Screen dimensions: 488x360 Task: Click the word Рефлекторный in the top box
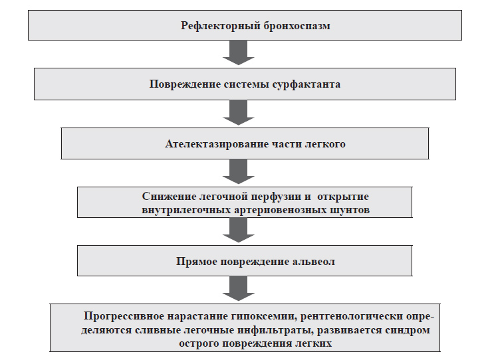(x=220, y=26)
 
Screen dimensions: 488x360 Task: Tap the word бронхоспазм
(x=297, y=25)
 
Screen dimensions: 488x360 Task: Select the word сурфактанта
(x=306, y=84)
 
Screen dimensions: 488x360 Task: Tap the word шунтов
(x=349, y=210)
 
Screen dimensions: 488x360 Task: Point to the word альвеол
(x=314, y=262)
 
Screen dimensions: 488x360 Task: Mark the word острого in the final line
(x=199, y=344)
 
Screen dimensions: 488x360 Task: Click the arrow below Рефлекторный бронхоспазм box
(x=239, y=52)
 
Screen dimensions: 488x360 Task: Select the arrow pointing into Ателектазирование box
(x=239, y=112)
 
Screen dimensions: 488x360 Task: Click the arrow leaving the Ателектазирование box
(x=239, y=171)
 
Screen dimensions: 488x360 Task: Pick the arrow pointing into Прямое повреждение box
(x=239, y=230)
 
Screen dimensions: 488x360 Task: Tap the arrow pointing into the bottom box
(x=239, y=288)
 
